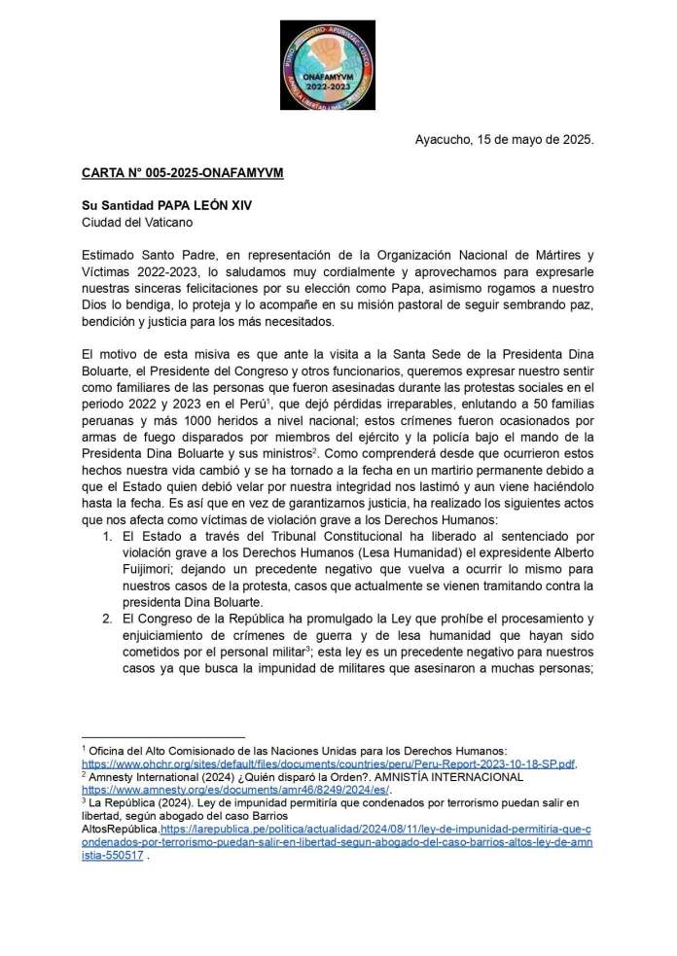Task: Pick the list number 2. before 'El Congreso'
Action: (x=107, y=620)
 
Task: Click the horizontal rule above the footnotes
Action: (x=163, y=737)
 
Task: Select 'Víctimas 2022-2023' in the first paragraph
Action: (x=139, y=272)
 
